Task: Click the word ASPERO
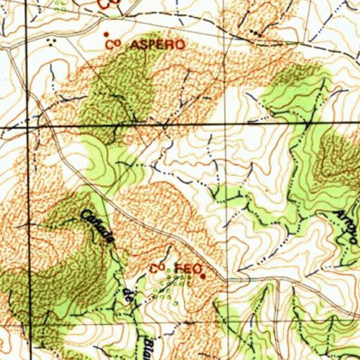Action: pyautogui.click(x=156, y=44)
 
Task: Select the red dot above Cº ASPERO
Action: pyautogui.click(x=107, y=34)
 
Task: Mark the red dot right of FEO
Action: pyautogui.click(x=203, y=276)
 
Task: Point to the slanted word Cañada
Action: pyautogui.click(x=98, y=229)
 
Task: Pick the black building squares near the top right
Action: pyautogui.click(x=255, y=33)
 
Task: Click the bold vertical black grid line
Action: pyautogui.click(x=30, y=211)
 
